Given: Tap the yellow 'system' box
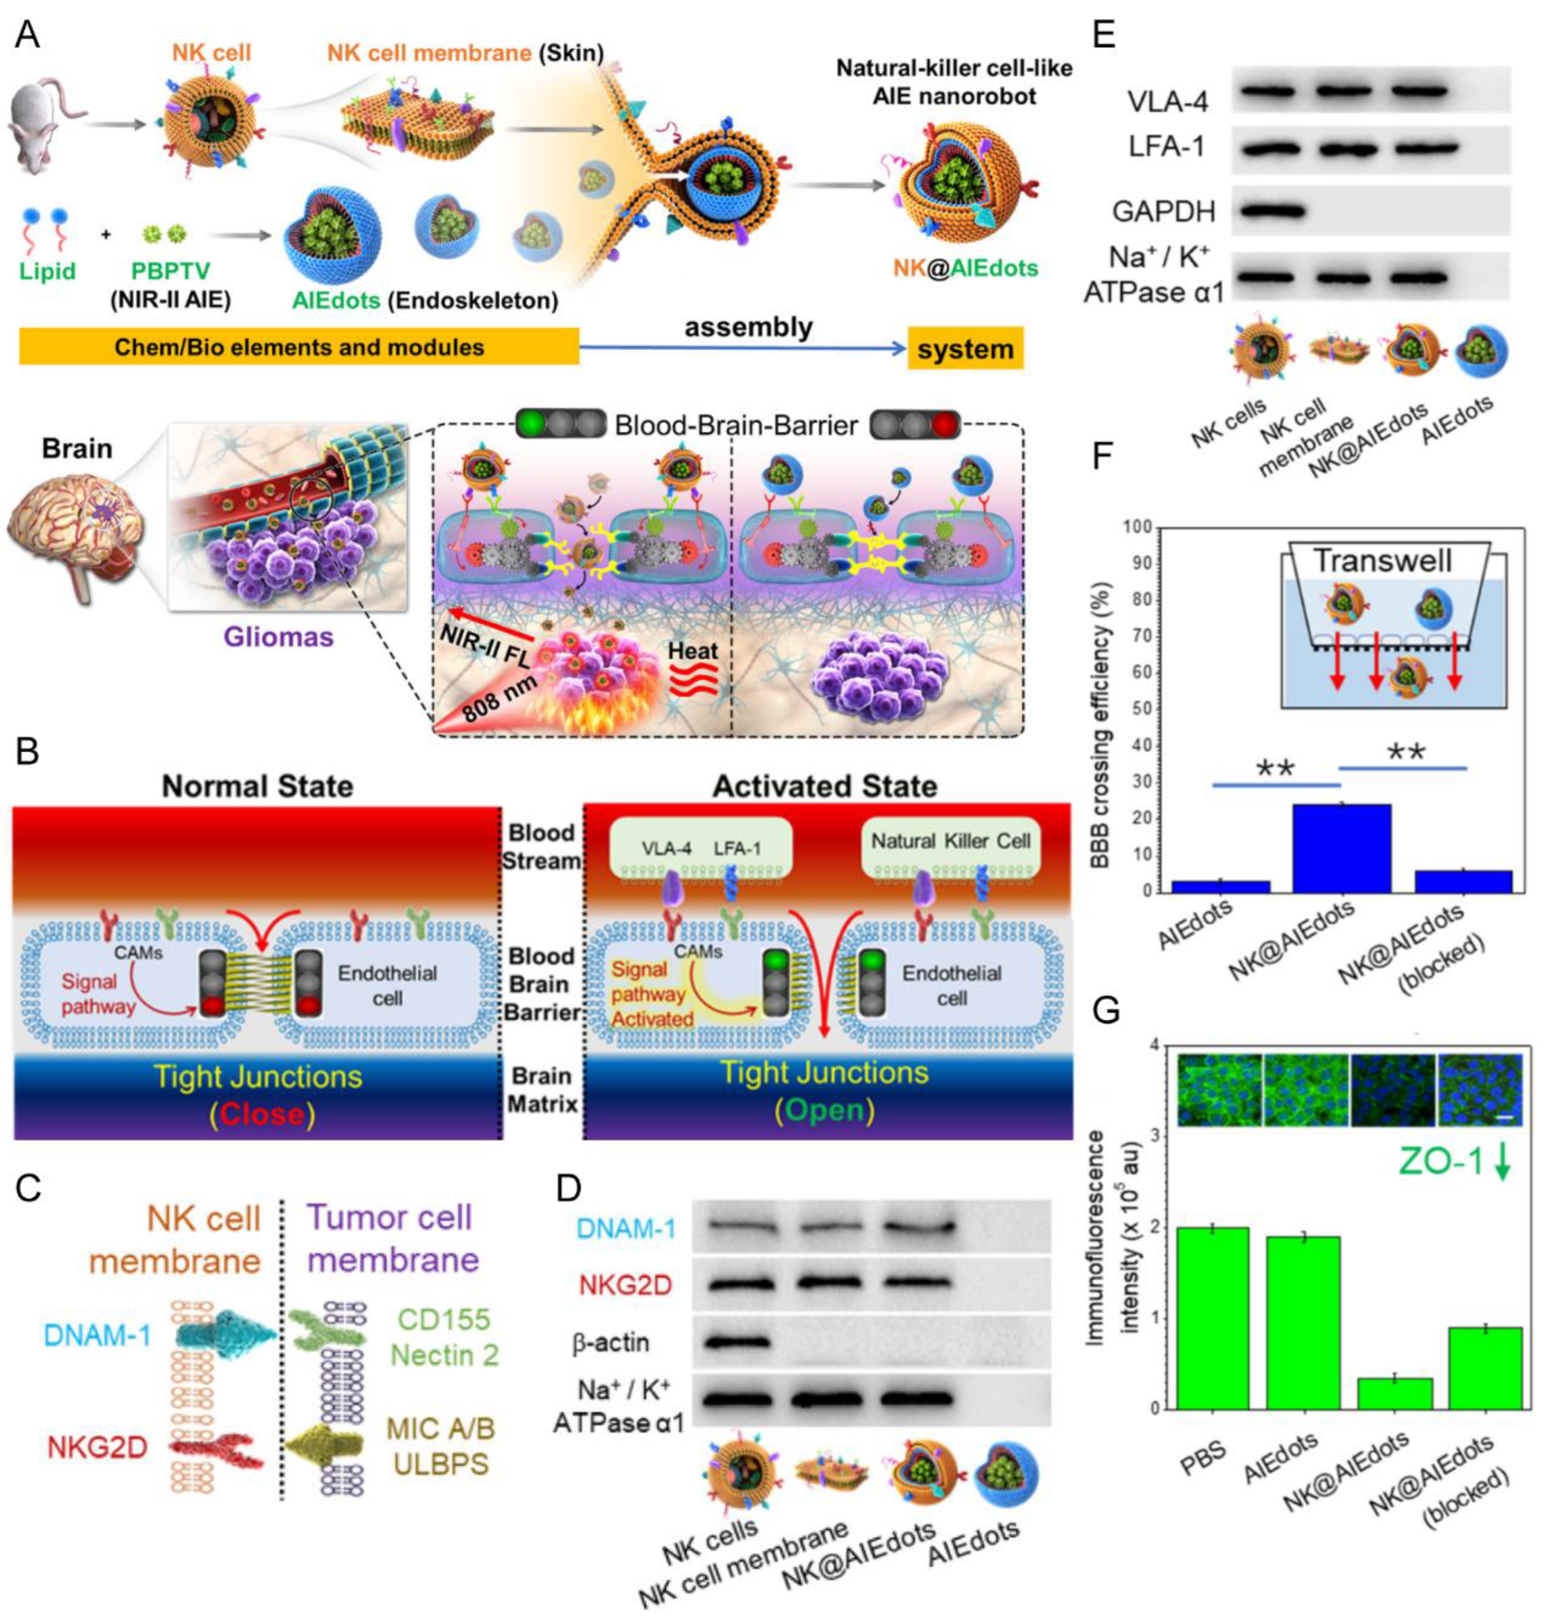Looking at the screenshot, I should (965, 349).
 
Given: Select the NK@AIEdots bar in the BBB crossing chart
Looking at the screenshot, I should (1341, 848).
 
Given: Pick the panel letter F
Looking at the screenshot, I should (1103, 455).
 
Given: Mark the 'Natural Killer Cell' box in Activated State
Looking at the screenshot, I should (951, 841).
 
